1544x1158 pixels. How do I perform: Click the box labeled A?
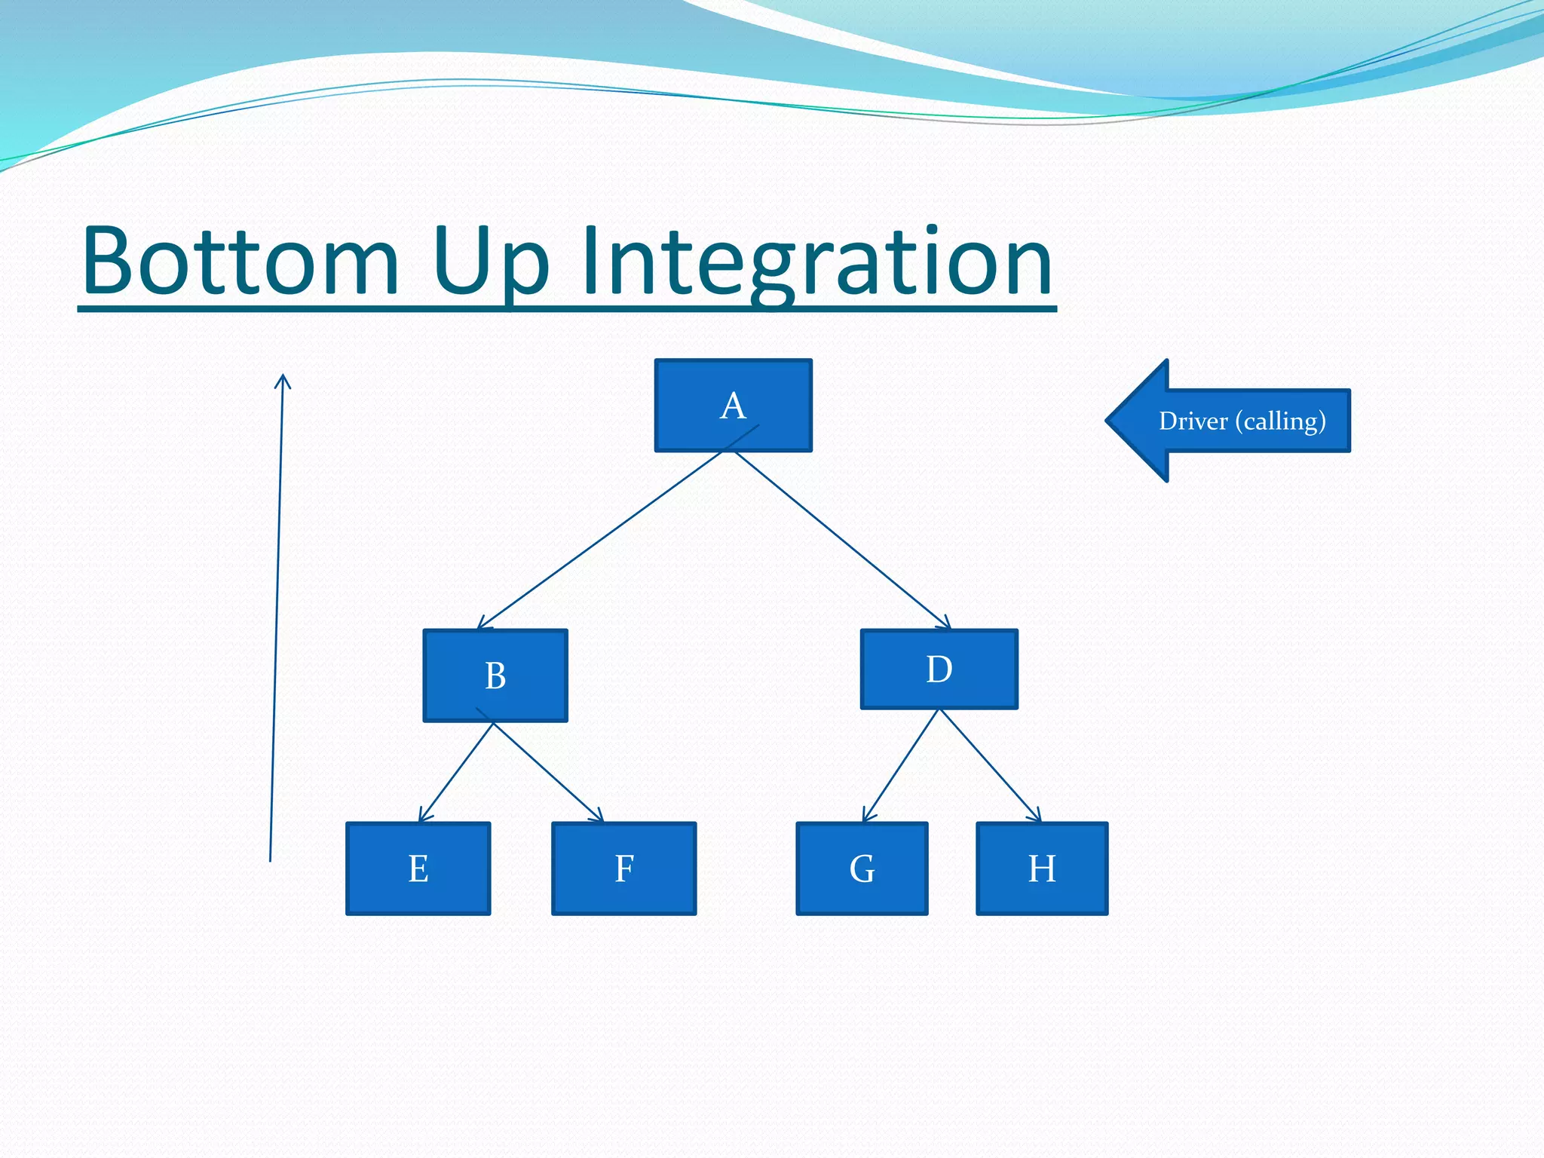[733, 406]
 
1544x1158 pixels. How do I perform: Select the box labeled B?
[495, 675]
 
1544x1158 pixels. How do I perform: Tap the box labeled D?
[939, 669]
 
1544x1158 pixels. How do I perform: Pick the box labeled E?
[418, 868]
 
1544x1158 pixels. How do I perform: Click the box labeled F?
[623, 868]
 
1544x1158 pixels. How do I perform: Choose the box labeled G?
[862, 868]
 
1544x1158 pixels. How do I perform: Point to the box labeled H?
[1042, 868]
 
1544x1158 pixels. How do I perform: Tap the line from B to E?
[457, 771]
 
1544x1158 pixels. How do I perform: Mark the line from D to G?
[902, 765]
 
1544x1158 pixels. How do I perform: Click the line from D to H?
[991, 765]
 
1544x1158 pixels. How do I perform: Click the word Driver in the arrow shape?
[1193, 421]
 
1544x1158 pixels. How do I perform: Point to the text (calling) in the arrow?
[1280, 421]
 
